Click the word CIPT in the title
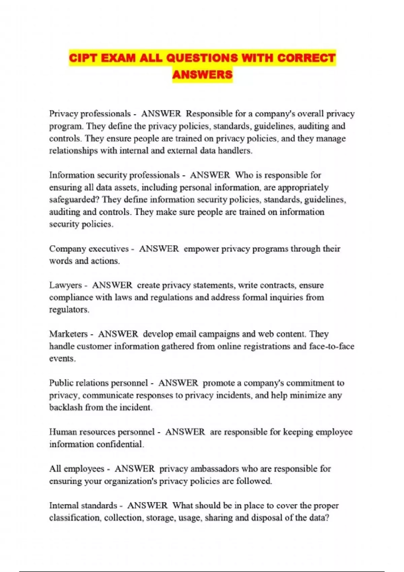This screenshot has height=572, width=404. pyautogui.click(x=83, y=58)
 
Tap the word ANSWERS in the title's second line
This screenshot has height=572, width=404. pyautogui.click(x=202, y=74)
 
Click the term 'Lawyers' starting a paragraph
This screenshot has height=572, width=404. pyautogui.click(x=65, y=285)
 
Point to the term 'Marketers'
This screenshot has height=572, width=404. pyautogui.click(x=68, y=334)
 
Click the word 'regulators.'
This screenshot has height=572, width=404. pyautogui.click(x=69, y=310)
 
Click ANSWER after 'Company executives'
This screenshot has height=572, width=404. pyautogui.click(x=159, y=249)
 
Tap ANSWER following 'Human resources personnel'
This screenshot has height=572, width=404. pyautogui.click(x=185, y=432)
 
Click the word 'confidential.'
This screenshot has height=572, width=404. pyautogui.click(x=120, y=444)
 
